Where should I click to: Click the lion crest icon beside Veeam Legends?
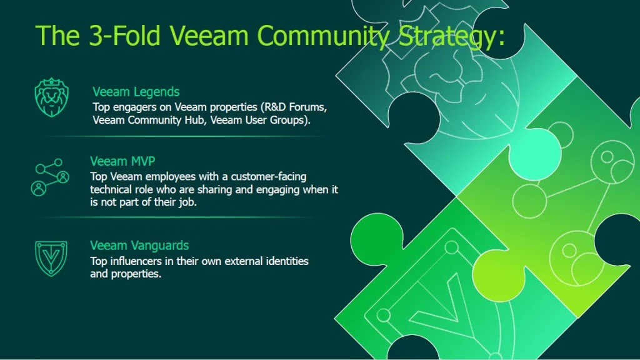(51, 97)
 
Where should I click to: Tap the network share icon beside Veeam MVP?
(50, 177)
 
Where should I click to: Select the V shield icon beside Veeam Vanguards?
(51, 258)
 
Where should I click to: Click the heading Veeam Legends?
(136, 92)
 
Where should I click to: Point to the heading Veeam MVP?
(122, 161)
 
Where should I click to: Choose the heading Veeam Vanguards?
(139, 245)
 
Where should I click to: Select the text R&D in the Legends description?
(276, 107)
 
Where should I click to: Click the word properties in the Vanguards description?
(136, 274)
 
